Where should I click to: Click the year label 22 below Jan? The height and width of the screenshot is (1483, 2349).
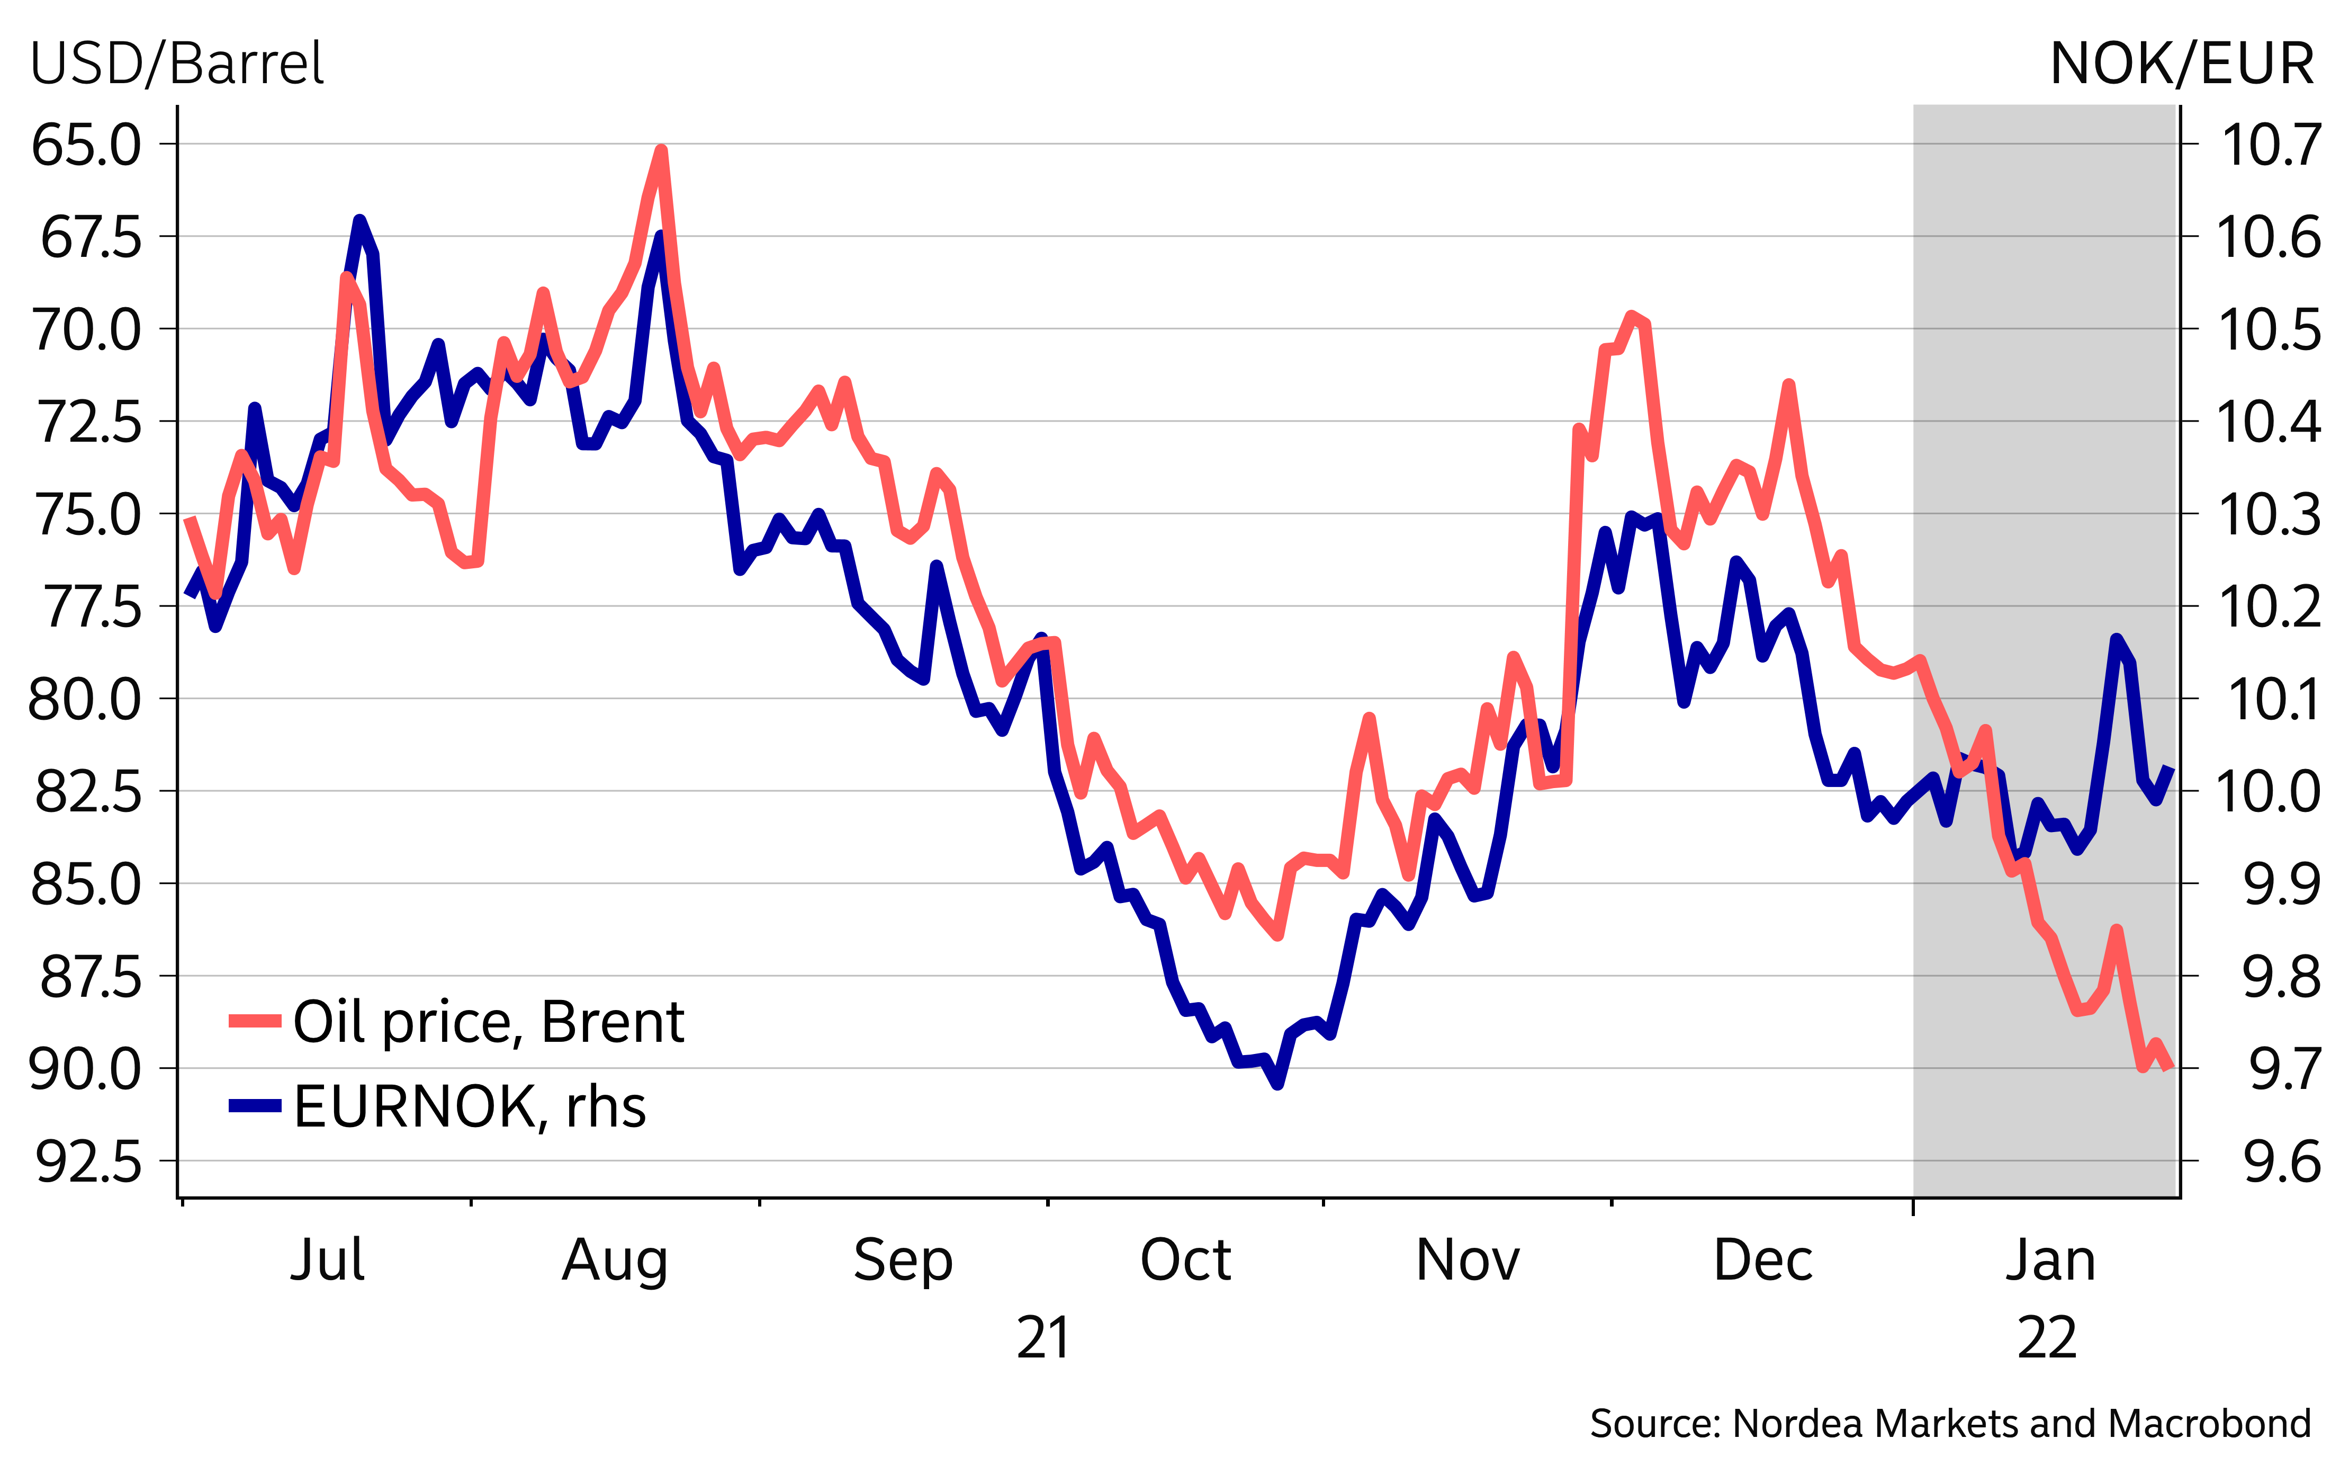(2047, 1338)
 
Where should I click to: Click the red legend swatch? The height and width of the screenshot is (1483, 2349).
(255, 1021)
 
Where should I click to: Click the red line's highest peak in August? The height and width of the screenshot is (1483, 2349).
(661, 151)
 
